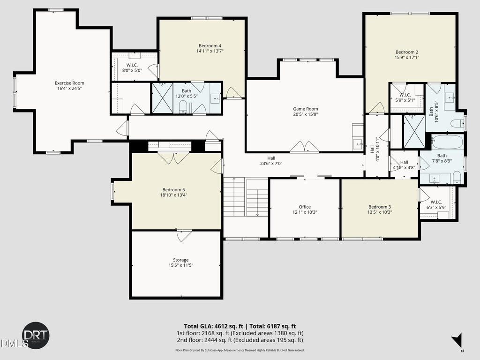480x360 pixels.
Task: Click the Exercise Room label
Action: click(69, 83)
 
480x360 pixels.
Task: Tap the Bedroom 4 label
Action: click(210, 46)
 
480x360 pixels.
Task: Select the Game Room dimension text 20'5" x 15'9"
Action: click(306, 114)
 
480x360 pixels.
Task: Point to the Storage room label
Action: click(180, 260)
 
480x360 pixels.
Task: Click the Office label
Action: click(305, 207)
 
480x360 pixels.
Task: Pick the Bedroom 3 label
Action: click(380, 207)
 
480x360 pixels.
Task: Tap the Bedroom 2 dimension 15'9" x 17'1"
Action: click(407, 57)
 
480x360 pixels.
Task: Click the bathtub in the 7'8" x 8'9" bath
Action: click(447, 142)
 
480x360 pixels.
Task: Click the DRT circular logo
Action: click(36, 335)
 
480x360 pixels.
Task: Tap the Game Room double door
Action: click(305, 147)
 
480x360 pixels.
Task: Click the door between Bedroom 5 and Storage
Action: click(184, 235)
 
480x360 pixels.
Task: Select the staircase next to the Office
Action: click(246, 197)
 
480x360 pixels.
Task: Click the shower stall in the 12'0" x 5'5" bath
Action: click(163, 98)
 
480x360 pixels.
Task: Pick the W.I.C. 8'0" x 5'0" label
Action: click(132, 67)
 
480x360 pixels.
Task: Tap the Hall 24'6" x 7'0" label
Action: click(271, 161)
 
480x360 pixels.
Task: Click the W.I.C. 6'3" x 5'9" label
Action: click(436, 204)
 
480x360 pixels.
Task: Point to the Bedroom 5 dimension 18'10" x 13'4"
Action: click(173, 195)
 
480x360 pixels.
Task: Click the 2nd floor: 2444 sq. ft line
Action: click(240, 340)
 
